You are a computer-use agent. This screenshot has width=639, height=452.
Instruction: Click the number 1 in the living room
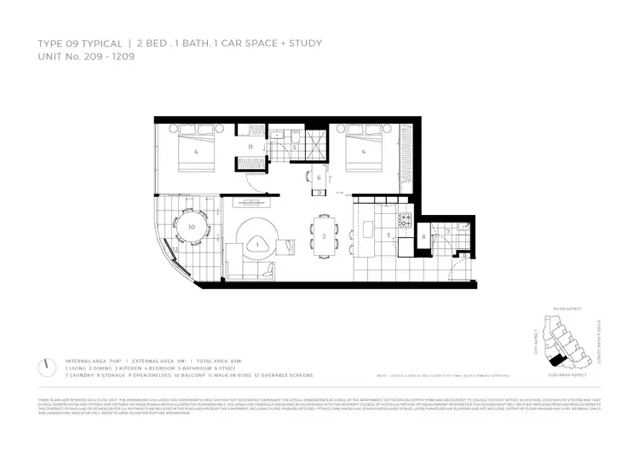256,245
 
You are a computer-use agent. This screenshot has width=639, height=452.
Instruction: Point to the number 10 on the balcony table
192,228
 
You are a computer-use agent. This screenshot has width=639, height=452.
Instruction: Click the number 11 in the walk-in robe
250,147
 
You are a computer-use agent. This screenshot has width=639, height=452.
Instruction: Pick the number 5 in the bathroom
295,147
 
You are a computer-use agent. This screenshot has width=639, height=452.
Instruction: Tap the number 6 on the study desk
319,177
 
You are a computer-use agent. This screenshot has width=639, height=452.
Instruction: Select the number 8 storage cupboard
423,236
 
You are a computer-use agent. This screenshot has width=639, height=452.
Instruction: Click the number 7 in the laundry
447,230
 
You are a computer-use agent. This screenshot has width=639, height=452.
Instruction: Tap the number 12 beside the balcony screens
177,249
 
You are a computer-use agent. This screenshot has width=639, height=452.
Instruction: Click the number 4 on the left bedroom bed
197,153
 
